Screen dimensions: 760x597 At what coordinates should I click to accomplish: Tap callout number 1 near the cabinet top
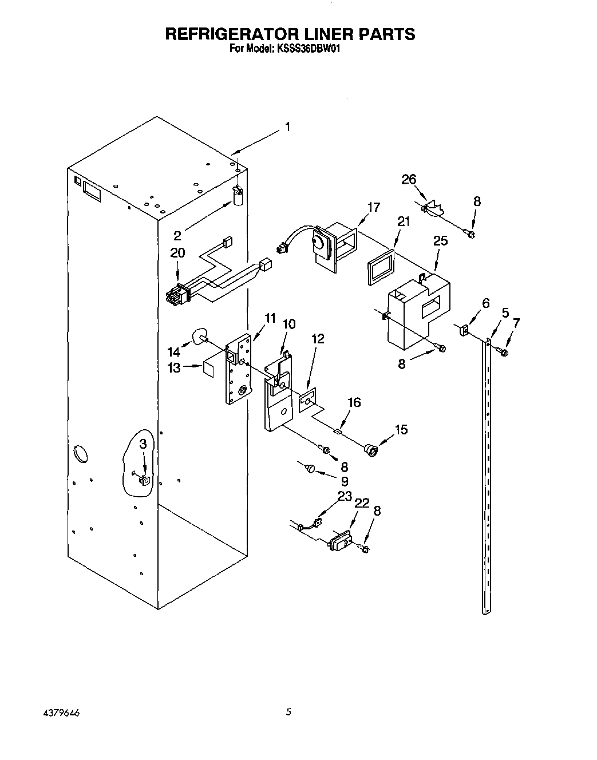(x=287, y=127)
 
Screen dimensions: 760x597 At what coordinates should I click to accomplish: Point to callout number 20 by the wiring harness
(x=177, y=252)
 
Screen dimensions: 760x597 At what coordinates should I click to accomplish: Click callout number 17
(x=373, y=207)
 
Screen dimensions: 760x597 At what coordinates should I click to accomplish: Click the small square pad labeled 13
(x=208, y=368)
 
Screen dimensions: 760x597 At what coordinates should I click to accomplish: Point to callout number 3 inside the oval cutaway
(x=143, y=444)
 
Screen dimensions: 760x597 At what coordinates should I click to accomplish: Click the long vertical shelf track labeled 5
(x=487, y=486)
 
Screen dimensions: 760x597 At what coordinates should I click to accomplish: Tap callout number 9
(x=344, y=481)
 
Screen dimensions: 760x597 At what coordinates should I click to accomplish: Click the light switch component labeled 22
(x=341, y=541)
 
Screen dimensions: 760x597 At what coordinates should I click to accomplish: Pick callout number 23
(x=345, y=497)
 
